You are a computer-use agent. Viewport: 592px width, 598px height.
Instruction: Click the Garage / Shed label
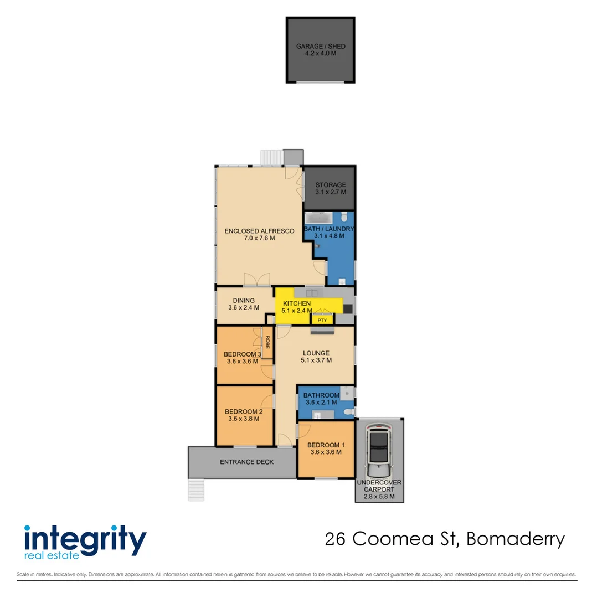click(320, 47)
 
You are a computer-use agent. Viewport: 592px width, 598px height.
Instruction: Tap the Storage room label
click(331, 185)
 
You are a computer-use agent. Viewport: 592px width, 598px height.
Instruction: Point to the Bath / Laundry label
click(329, 229)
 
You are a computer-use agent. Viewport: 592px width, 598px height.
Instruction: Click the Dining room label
click(244, 301)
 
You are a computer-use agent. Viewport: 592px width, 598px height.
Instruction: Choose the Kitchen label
click(297, 304)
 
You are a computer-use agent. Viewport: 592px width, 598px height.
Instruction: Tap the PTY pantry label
click(322, 319)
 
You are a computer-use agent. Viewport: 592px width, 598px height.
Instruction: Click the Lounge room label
click(316, 353)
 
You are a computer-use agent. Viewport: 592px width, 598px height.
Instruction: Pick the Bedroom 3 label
click(243, 354)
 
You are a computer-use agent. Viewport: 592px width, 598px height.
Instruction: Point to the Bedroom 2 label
click(243, 412)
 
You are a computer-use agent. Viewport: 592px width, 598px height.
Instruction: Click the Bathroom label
click(321, 395)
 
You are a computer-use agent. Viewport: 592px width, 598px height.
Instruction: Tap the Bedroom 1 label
click(326, 445)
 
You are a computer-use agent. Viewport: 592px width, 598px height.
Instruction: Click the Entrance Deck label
click(247, 462)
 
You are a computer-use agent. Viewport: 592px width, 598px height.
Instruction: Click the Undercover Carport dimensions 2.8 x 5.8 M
click(379, 497)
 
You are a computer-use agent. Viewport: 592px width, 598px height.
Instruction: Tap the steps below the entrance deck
click(197, 490)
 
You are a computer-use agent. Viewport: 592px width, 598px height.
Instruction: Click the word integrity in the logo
click(85, 539)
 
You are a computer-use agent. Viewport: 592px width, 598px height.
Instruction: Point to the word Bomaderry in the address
click(516, 539)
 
